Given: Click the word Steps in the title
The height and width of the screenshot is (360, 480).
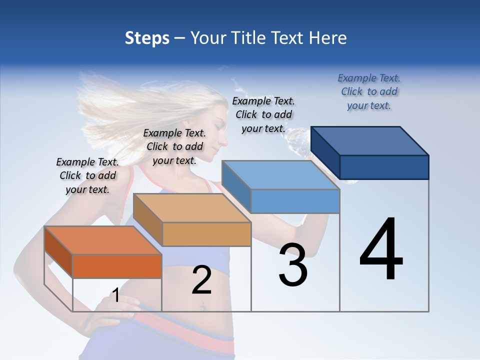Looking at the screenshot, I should (147, 38).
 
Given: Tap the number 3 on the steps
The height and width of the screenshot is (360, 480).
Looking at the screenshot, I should (292, 265).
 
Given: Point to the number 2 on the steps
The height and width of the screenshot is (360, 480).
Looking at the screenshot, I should (201, 280).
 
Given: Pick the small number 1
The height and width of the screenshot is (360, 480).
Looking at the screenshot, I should (116, 295).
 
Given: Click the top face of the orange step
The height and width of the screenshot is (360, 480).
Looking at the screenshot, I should (103, 240).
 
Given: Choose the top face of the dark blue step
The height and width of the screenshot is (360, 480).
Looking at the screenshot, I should (370, 140).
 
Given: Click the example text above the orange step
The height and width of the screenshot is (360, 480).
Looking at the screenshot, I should (87, 175).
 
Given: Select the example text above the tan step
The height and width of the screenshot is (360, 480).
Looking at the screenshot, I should (174, 146).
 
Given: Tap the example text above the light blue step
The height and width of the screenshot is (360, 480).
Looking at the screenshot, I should (263, 114).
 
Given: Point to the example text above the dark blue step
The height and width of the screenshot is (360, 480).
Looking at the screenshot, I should (369, 91).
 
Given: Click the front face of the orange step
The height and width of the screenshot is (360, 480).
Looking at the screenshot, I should (117, 266).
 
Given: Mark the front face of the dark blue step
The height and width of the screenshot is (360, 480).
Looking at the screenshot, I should (384, 167).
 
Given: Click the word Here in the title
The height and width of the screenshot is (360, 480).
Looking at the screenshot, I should (328, 38).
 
